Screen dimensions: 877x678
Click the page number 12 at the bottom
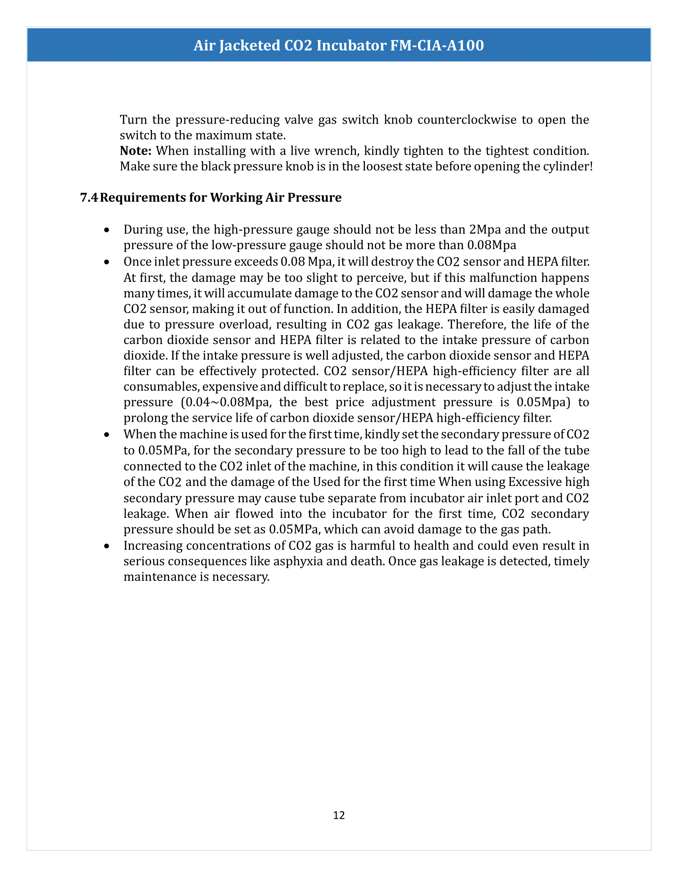(x=339, y=815)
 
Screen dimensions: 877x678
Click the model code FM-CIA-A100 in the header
(x=437, y=45)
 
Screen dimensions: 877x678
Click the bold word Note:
(x=135, y=151)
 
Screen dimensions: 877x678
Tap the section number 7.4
(x=89, y=198)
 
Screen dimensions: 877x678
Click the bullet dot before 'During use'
(x=106, y=230)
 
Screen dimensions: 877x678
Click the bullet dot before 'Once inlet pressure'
(x=106, y=262)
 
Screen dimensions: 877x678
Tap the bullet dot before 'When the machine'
(x=106, y=435)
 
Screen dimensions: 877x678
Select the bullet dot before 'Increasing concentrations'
(x=106, y=546)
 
